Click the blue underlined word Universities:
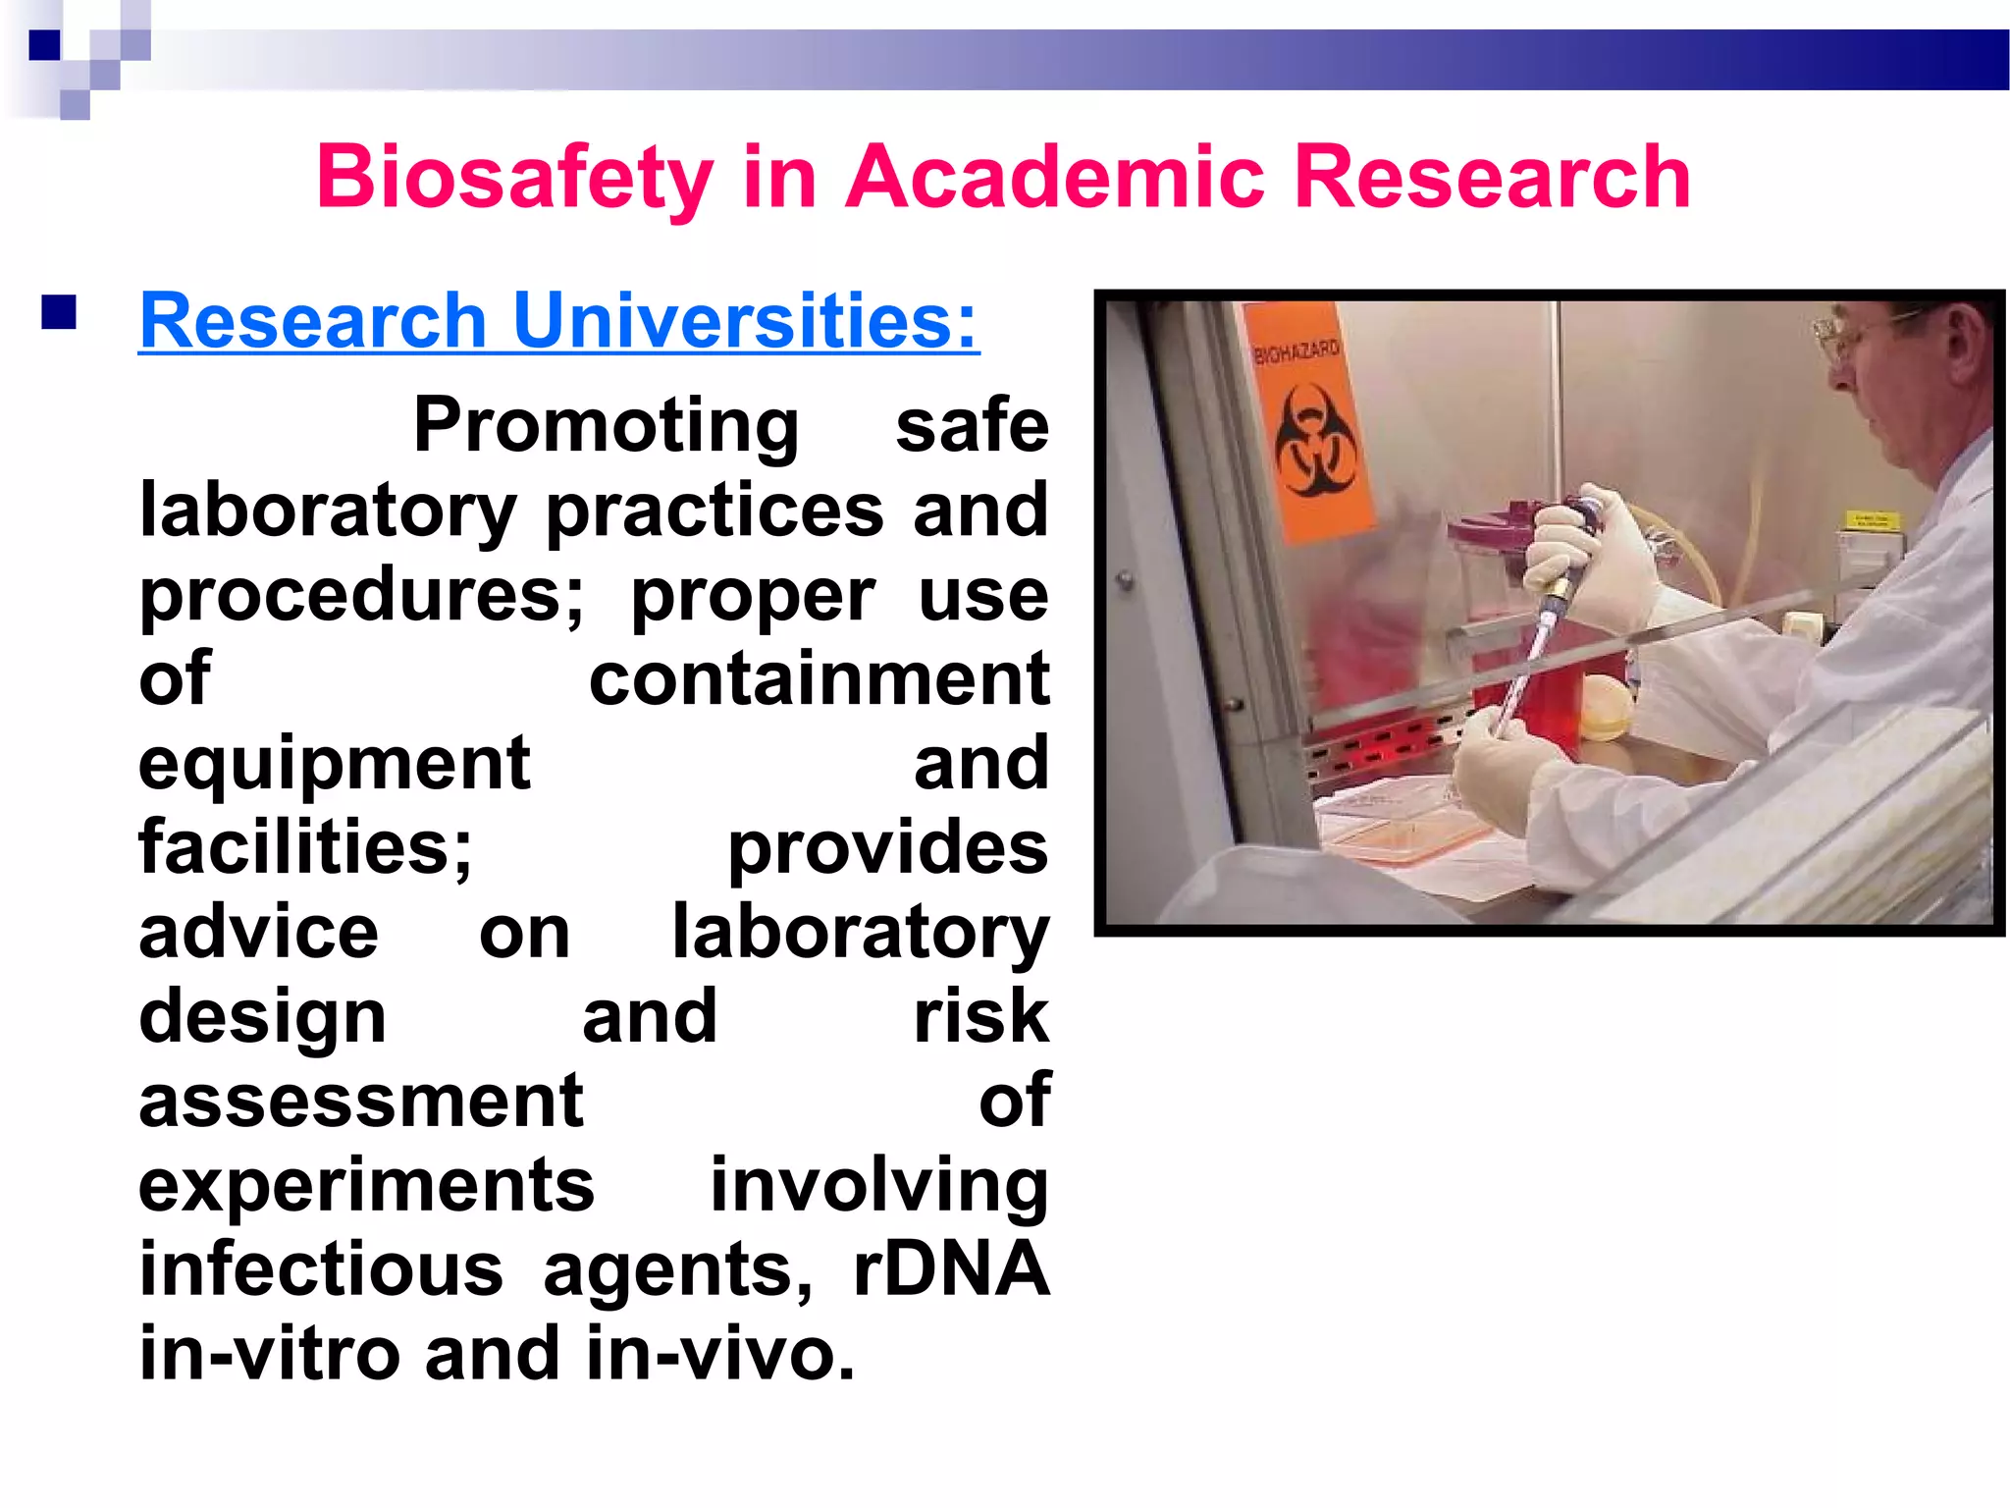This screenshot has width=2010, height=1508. (746, 322)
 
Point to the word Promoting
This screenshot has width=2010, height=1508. (606, 425)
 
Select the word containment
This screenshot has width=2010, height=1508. (819, 679)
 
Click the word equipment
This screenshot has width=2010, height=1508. (335, 764)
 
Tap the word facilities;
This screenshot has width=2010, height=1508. (305, 847)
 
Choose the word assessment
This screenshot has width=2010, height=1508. (361, 1102)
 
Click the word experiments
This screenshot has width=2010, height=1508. (366, 1186)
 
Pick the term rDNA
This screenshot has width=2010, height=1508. (951, 1269)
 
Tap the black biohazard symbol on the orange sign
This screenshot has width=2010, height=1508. (1314, 442)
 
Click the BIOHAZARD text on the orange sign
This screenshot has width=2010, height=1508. (1296, 351)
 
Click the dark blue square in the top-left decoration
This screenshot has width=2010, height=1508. (44, 45)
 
